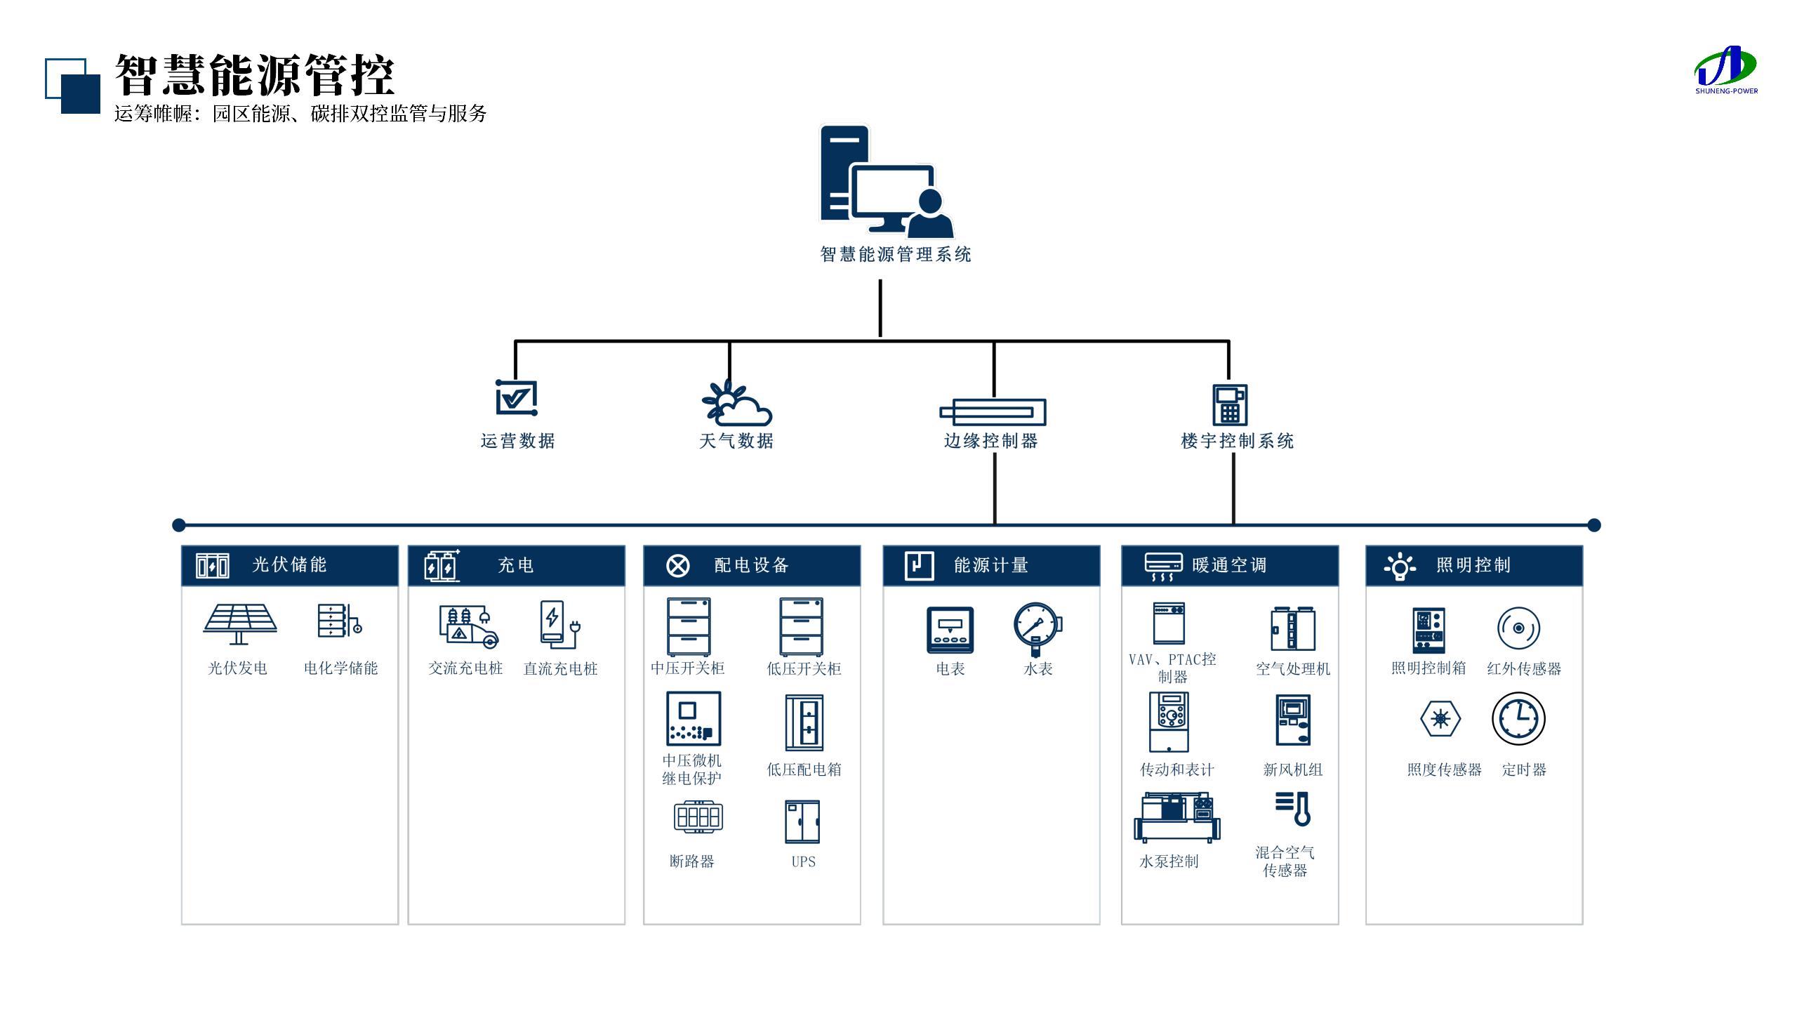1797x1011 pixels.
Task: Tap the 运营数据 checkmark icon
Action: click(x=517, y=398)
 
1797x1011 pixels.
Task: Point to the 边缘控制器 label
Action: click(x=990, y=441)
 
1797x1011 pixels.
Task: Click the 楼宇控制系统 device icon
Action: click(x=1230, y=404)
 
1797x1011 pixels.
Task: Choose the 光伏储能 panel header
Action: click(x=289, y=565)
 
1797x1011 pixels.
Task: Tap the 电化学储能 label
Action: click(x=340, y=668)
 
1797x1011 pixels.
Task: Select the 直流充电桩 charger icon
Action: click(x=559, y=623)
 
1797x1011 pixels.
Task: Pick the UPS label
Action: click(x=803, y=861)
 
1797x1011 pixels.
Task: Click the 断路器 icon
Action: click(x=698, y=817)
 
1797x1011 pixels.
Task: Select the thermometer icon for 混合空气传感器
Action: click(x=1294, y=809)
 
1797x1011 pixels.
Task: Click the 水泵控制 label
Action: click(x=1169, y=861)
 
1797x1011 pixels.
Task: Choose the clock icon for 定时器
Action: click(x=1518, y=718)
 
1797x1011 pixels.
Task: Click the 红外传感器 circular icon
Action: click(x=1518, y=628)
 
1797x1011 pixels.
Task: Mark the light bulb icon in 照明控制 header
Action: click(x=1400, y=566)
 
